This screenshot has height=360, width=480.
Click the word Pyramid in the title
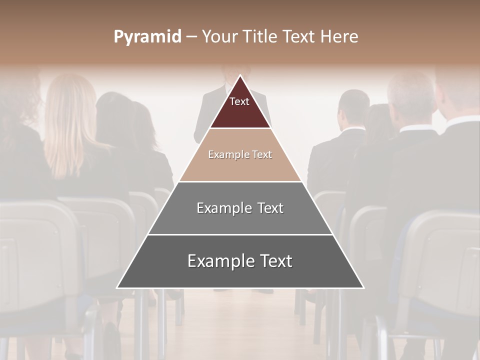pyautogui.click(x=147, y=37)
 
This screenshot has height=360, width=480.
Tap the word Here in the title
pyautogui.click(x=339, y=37)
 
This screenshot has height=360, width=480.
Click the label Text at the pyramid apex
pyautogui.click(x=239, y=101)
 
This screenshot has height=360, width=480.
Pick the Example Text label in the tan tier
pyautogui.click(x=240, y=154)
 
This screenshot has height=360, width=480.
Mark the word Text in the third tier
pyautogui.click(x=269, y=208)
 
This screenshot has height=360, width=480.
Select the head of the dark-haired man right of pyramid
pyautogui.click(x=353, y=107)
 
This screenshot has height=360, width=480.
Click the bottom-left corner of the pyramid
pyautogui.click(x=117, y=287)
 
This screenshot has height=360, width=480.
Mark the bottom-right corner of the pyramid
pyautogui.click(x=363, y=287)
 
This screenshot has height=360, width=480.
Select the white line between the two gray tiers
pyautogui.click(x=240, y=234)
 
